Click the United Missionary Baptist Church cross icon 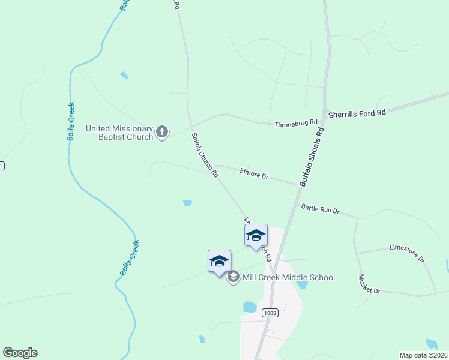coord(161,132)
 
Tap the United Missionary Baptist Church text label coord(119,132)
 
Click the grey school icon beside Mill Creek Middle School coord(234,277)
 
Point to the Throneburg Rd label coord(295,124)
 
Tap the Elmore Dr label coord(254,173)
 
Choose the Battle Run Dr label coord(321,209)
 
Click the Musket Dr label coord(369,284)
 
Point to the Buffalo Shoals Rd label coord(312,156)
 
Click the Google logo coord(20,353)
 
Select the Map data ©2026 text coord(423,355)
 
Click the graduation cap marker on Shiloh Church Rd coord(256,235)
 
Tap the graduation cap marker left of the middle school coord(219,261)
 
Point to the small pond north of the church coord(124,75)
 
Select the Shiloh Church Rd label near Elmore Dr coord(205,155)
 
